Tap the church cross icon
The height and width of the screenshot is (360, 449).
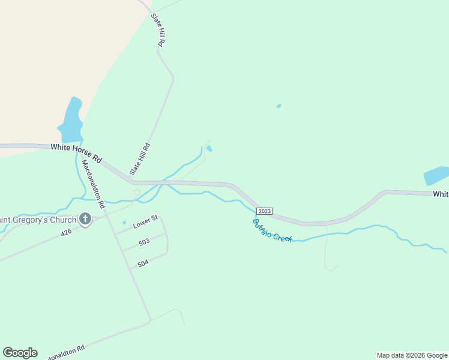(85, 220)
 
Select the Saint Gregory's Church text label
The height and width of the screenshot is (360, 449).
(37, 220)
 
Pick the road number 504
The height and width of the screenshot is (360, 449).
(143, 263)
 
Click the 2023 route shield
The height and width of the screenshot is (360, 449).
(264, 211)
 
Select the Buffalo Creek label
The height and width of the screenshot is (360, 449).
(272, 230)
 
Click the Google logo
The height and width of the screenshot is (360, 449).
(20, 353)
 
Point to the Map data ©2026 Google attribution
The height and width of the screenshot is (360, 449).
(412, 355)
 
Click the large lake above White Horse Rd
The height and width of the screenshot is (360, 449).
(71, 119)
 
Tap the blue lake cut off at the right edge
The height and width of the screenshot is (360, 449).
(437, 175)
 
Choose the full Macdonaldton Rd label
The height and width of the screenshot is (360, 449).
(94, 183)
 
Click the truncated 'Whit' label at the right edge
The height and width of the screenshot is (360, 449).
(441, 194)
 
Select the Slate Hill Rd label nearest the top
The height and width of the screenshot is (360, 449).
(158, 31)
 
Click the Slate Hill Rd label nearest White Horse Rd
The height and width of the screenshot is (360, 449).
(140, 158)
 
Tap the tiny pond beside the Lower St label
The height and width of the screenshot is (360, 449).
(124, 223)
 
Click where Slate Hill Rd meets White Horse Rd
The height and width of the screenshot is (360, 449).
(131, 180)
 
